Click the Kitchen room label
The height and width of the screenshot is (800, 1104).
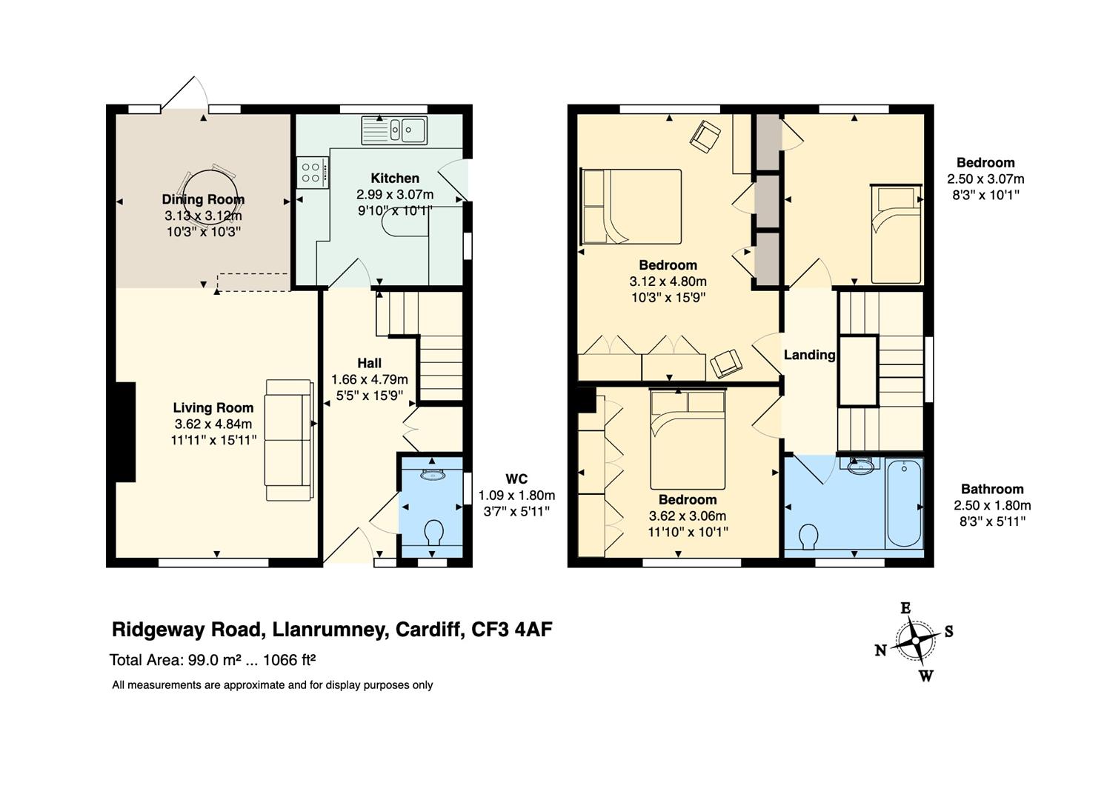(x=395, y=178)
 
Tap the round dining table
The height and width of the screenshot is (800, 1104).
(x=210, y=193)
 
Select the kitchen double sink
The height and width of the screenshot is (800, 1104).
(x=394, y=130)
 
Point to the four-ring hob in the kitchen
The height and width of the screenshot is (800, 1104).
(x=313, y=172)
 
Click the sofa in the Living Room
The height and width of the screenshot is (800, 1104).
(x=289, y=440)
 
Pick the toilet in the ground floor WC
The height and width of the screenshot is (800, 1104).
(x=433, y=532)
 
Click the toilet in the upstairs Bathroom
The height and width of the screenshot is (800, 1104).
(x=809, y=536)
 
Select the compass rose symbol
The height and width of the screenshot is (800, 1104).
(x=915, y=641)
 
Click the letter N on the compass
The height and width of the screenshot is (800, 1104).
(x=881, y=650)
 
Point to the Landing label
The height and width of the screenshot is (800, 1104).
(x=809, y=355)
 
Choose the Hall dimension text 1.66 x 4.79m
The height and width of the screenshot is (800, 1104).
(x=369, y=379)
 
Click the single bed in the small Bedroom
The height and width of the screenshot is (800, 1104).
(x=896, y=234)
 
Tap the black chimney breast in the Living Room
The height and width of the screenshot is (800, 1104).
(x=125, y=432)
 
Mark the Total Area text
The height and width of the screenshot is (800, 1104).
(x=213, y=659)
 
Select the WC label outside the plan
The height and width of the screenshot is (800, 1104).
(x=516, y=479)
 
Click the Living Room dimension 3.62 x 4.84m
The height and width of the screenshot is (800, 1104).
(x=213, y=424)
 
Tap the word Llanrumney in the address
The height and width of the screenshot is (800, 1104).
(x=328, y=630)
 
